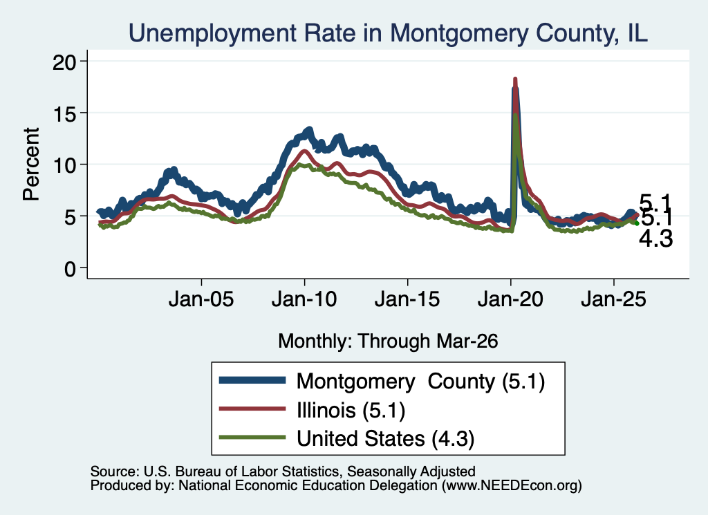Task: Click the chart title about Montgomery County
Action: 388,33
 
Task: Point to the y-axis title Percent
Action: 31,164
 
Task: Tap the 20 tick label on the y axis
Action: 64,62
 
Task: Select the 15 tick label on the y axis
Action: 64,113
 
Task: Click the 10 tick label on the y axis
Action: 64,165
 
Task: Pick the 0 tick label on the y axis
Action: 70,269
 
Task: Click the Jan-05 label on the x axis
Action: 201,299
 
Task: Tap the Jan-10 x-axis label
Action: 304,299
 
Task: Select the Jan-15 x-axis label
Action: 407,299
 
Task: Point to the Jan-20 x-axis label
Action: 510,299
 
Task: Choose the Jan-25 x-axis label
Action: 614,299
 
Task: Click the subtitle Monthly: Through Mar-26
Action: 388,341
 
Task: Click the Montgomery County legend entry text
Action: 421,382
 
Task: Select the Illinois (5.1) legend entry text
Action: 351,411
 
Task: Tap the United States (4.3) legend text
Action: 386,439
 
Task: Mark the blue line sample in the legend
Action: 252,380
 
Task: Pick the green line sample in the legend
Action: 252,438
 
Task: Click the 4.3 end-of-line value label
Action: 655,238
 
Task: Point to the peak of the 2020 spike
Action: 514,79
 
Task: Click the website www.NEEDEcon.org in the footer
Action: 512,485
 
